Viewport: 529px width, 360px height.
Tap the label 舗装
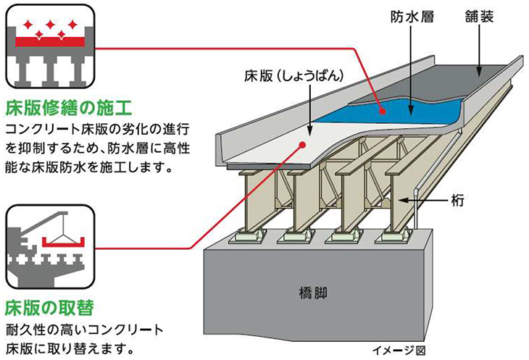(479, 16)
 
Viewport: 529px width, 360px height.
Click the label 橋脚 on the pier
(314, 293)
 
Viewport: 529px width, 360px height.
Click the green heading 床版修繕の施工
(68, 110)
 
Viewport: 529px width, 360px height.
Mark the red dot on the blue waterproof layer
(381, 109)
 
